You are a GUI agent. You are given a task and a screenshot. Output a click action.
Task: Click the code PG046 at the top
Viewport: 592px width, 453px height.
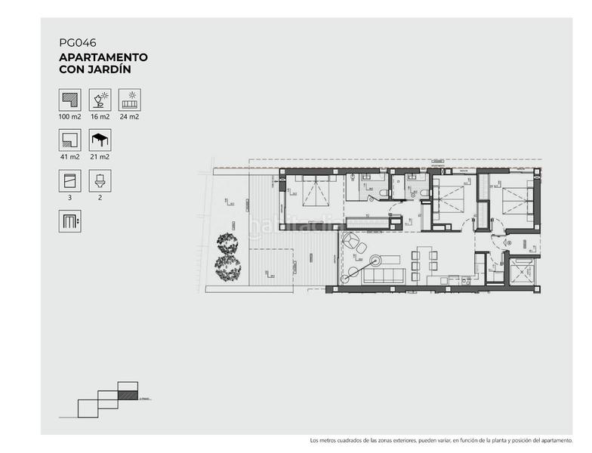tap(77, 43)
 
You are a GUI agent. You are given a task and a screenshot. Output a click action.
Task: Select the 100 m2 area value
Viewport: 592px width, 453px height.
tap(69, 116)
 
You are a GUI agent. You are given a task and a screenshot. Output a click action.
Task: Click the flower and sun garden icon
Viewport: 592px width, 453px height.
tap(100, 100)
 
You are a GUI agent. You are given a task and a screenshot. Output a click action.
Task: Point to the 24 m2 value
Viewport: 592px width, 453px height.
tap(129, 116)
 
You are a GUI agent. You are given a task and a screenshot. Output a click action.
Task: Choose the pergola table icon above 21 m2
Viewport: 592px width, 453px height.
tap(100, 140)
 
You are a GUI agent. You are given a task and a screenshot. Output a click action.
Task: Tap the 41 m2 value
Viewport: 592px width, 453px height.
tap(69, 156)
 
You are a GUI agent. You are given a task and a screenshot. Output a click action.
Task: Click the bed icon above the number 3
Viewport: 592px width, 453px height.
tap(69, 180)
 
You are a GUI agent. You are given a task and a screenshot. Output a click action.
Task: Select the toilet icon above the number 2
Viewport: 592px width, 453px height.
tap(100, 180)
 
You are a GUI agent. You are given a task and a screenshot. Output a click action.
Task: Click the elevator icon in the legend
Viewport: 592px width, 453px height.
tap(69, 220)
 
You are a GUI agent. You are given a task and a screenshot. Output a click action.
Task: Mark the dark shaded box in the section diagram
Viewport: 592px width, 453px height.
tap(128, 394)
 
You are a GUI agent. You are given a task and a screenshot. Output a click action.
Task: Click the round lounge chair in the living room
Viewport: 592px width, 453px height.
tap(352, 242)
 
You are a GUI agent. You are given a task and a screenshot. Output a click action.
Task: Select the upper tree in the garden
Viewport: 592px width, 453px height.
tap(227, 245)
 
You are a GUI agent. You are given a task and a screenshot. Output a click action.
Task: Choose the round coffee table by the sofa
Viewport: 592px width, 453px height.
tap(351, 273)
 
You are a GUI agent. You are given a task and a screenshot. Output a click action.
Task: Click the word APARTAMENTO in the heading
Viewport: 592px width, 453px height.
tap(103, 57)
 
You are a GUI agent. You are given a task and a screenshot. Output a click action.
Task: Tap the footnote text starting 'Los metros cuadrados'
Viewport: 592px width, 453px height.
tap(441, 440)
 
